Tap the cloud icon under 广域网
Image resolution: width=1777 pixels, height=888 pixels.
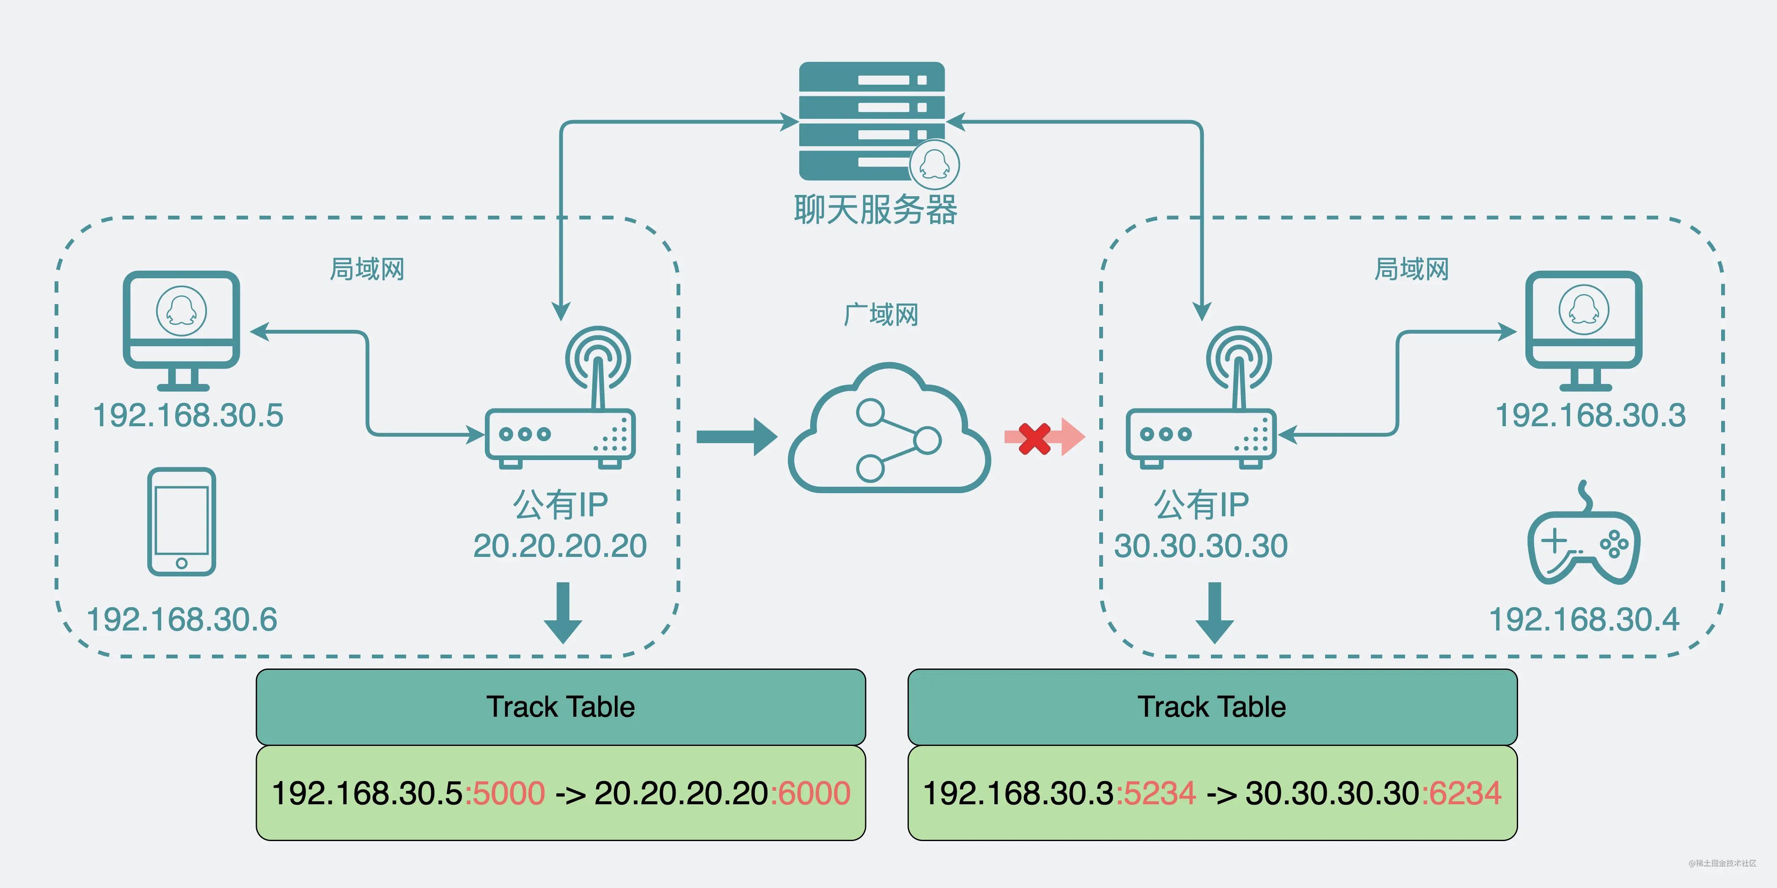889,431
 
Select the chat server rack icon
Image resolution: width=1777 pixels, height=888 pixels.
871,121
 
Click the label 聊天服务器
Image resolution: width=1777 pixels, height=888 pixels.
875,210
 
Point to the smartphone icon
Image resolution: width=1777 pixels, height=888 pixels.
182,522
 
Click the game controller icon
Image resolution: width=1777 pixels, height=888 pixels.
1584,541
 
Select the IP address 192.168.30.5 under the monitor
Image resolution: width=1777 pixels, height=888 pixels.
187,416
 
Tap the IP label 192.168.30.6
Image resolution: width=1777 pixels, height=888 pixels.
182,619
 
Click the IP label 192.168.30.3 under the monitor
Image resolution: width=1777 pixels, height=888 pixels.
1590,416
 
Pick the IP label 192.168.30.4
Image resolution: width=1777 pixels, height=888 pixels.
1584,619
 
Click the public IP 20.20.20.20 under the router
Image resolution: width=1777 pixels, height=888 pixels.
559,546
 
